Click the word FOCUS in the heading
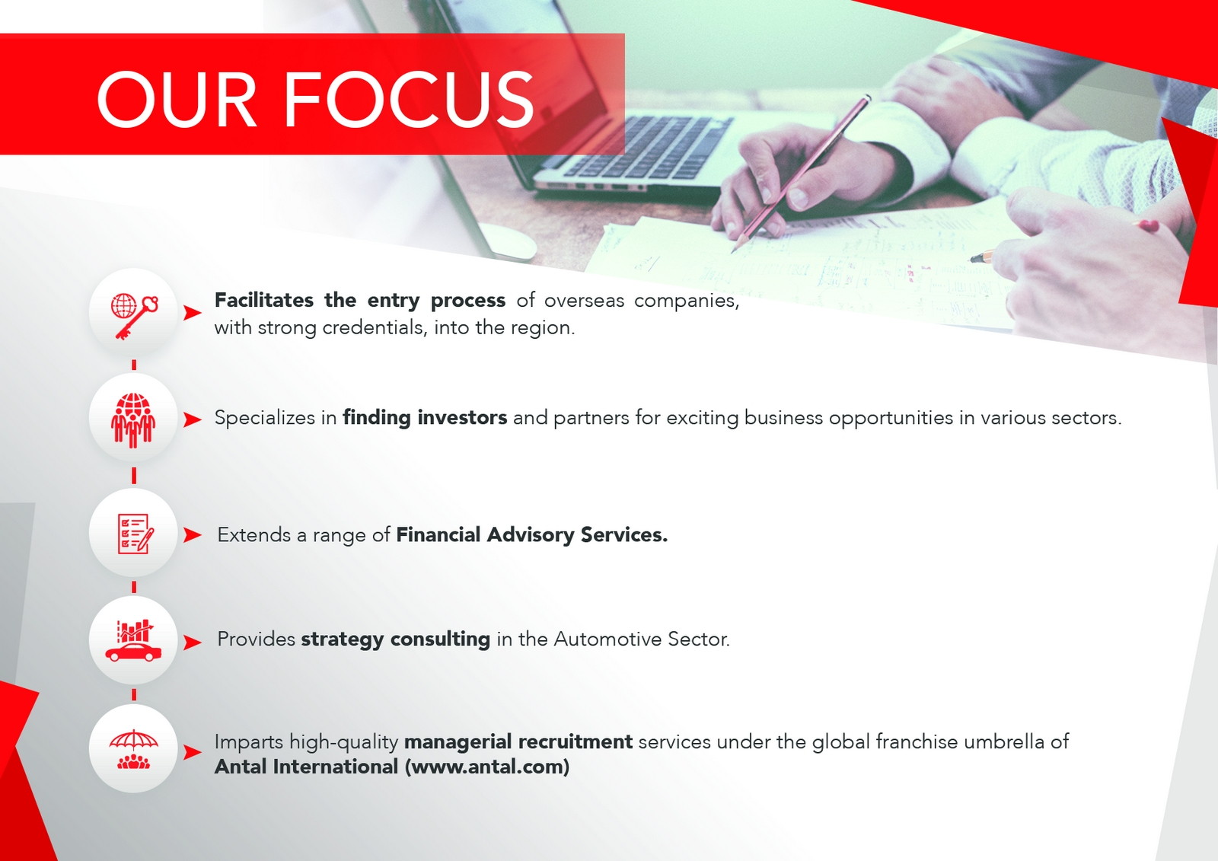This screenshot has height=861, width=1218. coord(409,99)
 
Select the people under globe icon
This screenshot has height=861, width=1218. coord(133,420)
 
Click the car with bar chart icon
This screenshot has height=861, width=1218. coord(133,641)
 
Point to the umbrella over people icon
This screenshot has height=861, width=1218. coord(133,750)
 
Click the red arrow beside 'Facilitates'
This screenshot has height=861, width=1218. coord(192,313)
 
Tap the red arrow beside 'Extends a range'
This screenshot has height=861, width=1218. coord(192,534)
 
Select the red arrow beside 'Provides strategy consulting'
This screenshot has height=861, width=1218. coord(192,643)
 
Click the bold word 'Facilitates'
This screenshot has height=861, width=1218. coord(263,300)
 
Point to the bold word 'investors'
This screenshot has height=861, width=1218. coord(462,418)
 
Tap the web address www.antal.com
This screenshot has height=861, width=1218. coord(487,767)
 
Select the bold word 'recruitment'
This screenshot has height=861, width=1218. coord(576,742)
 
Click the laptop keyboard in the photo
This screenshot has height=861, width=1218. coord(647,147)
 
